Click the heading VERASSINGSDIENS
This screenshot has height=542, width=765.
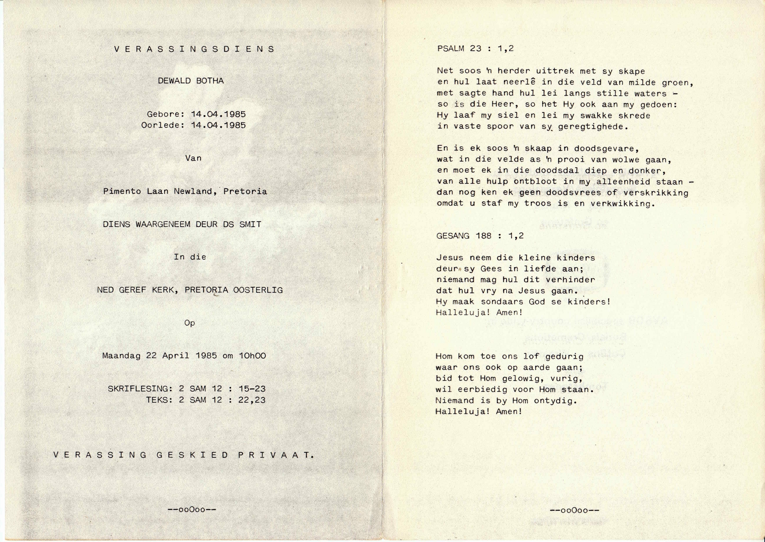click(194, 49)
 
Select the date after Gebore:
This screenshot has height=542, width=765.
click(218, 114)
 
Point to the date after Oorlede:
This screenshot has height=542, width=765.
click(218, 125)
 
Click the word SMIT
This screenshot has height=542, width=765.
click(250, 225)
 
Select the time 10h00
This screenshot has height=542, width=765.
click(252, 356)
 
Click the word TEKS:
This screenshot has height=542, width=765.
click(159, 400)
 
